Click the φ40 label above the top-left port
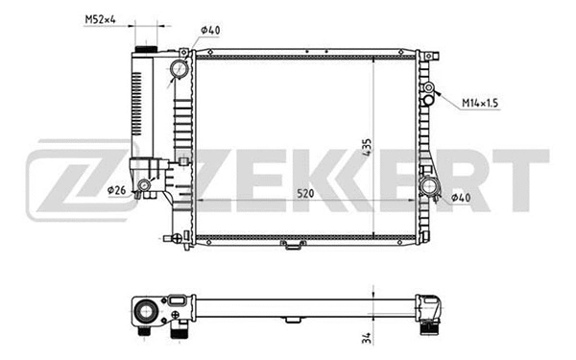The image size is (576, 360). point(212,31)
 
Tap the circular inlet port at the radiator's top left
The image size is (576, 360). point(180,69)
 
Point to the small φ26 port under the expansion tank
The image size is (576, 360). point(143,186)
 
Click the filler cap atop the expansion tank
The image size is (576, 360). point(149,49)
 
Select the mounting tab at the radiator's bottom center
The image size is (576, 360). point(290,246)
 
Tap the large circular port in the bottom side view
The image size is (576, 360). point(145,312)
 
